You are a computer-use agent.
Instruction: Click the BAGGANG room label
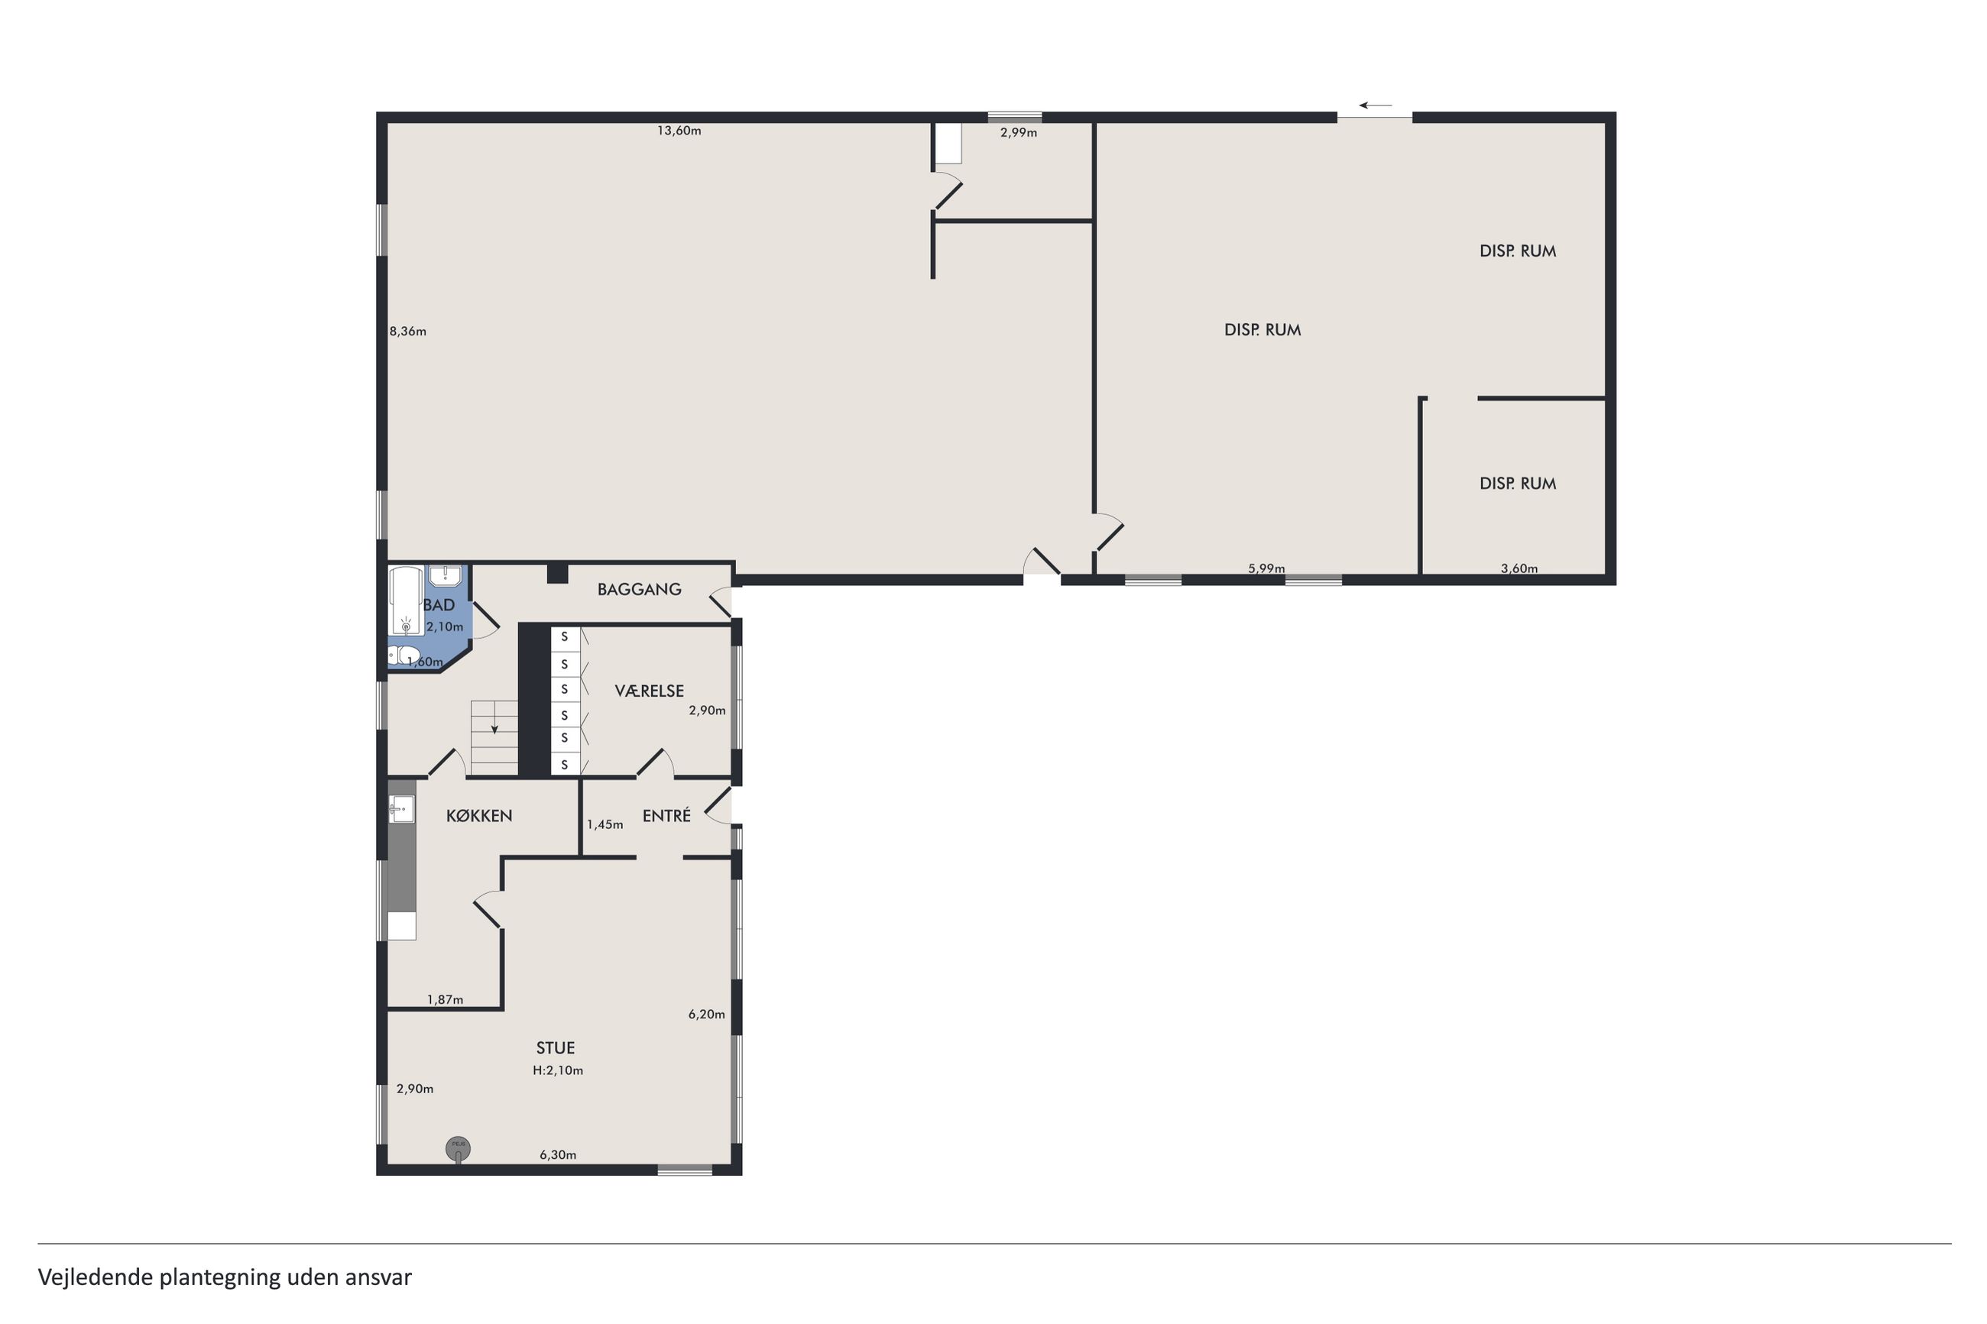639,589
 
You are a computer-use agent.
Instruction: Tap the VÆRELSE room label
650,691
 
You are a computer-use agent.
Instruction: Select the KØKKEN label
479,816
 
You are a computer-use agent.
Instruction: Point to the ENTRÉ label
666,816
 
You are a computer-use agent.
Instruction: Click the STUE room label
556,1048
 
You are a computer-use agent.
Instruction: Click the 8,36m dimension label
408,332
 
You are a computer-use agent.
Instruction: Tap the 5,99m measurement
1266,568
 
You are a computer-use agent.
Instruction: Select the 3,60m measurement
1519,568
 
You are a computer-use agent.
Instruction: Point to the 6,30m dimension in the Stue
558,1154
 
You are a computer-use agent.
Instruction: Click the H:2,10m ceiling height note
558,1070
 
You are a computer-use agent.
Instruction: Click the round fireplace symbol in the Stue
459,1148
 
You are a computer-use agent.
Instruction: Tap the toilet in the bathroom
404,656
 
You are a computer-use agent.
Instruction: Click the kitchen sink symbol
401,809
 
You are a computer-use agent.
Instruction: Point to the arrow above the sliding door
1376,105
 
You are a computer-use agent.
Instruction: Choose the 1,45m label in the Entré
605,824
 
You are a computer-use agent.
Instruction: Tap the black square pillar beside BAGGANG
557,573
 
